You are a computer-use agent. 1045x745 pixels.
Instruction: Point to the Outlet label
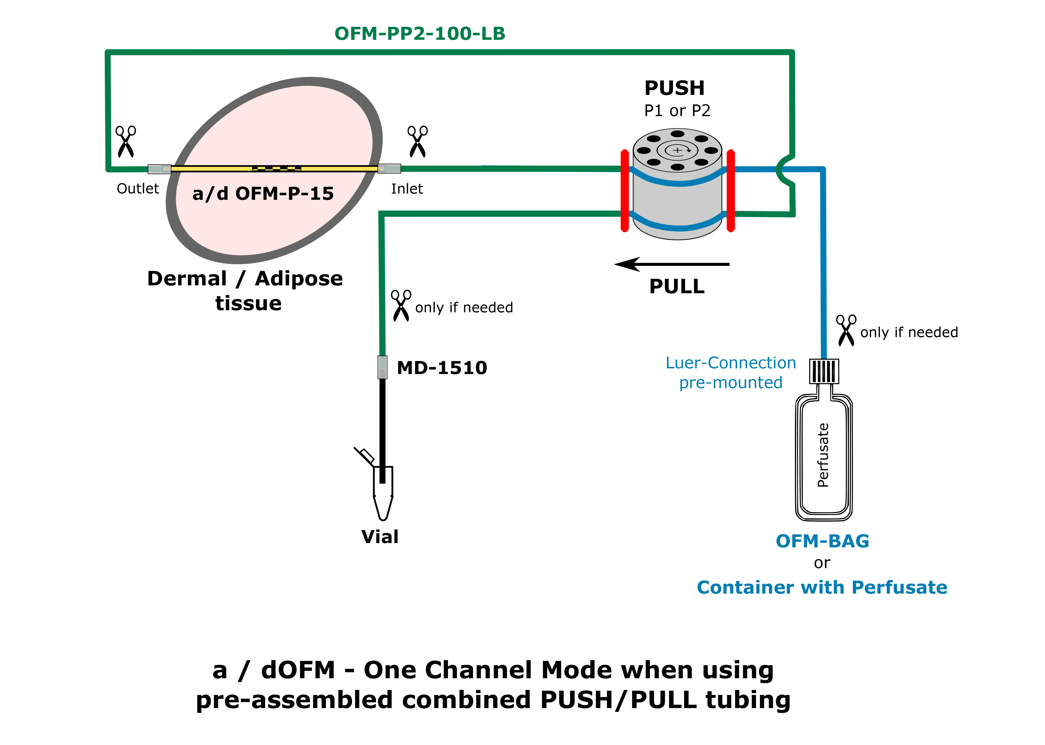click(138, 189)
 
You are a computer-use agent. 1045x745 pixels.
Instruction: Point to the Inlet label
click(407, 189)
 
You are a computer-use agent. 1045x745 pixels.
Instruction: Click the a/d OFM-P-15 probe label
click(263, 194)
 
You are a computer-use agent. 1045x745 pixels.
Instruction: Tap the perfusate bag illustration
click(824, 457)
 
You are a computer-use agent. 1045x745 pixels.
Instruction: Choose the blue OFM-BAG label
click(822, 541)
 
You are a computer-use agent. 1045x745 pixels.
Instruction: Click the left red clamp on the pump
click(624, 190)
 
